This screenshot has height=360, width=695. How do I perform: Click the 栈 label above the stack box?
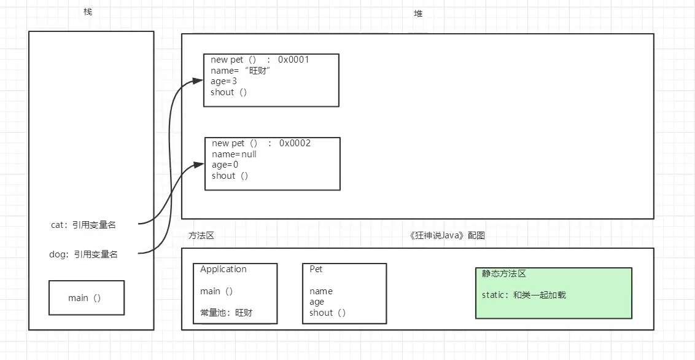pyautogui.click(x=88, y=12)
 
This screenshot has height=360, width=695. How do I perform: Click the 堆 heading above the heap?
pyautogui.click(x=418, y=14)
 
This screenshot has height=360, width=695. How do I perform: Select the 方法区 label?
pyautogui.click(x=201, y=235)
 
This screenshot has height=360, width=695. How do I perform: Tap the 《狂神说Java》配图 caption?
pyautogui.click(x=448, y=235)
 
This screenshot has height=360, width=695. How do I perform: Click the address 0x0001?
pyautogui.click(x=293, y=60)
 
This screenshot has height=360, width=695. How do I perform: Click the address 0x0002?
pyautogui.click(x=295, y=143)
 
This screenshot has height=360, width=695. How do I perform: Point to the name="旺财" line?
pyautogui.click(x=240, y=71)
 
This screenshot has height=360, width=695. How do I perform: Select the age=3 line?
pyautogui.click(x=223, y=81)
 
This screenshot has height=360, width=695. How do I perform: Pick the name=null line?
pyautogui.click(x=234, y=154)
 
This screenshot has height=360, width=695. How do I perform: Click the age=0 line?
pyautogui.click(x=225, y=165)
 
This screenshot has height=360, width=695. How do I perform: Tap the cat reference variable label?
pyautogui.click(x=83, y=225)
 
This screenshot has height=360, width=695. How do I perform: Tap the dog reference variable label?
pyautogui.click(x=83, y=254)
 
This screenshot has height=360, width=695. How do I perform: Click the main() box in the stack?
pyautogui.click(x=86, y=298)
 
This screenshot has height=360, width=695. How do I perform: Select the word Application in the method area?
pyautogui.click(x=223, y=269)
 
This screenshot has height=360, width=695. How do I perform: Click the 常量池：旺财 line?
pyautogui.click(x=226, y=313)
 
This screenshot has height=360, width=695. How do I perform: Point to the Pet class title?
pyautogui.click(x=316, y=269)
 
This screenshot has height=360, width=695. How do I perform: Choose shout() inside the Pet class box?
pyautogui.click(x=327, y=313)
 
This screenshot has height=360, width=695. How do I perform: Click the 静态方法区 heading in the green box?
pyautogui.click(x=504, y=274)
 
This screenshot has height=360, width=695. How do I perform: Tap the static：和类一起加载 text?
pyautogui.click(x=524, y=295)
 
